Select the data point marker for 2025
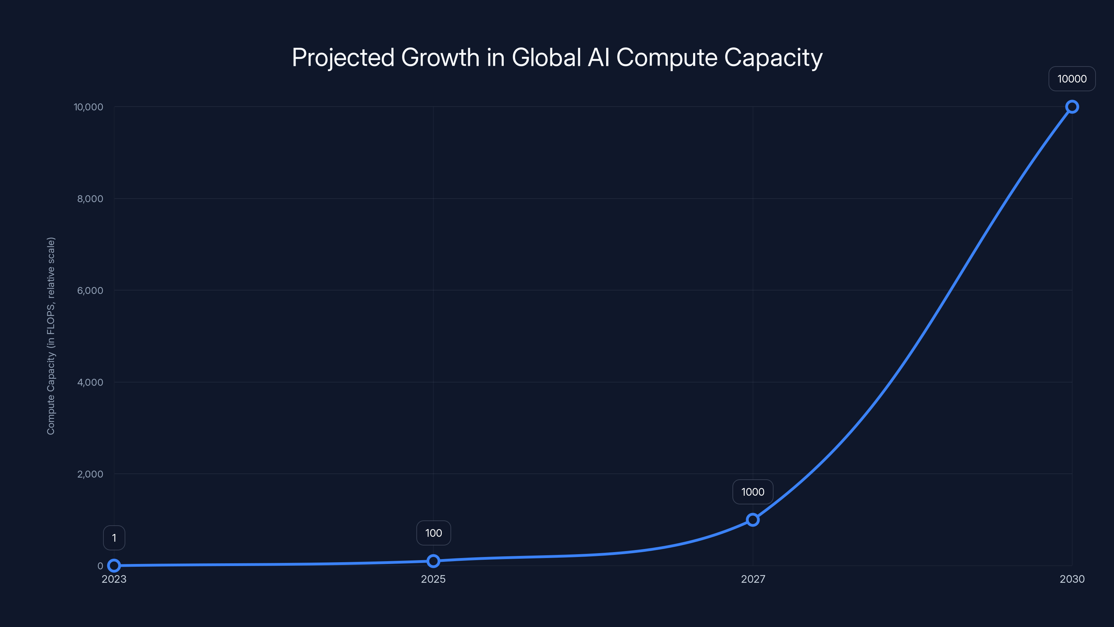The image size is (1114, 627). point(433,561)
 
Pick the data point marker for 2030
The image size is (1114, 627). point(1072,107)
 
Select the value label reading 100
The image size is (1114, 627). point(433,533)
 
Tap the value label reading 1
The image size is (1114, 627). point(114,538)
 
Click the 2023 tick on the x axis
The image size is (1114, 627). point(114,579)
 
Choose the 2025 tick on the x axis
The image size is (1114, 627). point(433,579)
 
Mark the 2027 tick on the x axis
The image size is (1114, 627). point(753,579)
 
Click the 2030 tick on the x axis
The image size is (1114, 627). point(1072,579)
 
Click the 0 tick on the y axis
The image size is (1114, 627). point(100,566)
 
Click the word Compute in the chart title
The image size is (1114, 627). point(666,57)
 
